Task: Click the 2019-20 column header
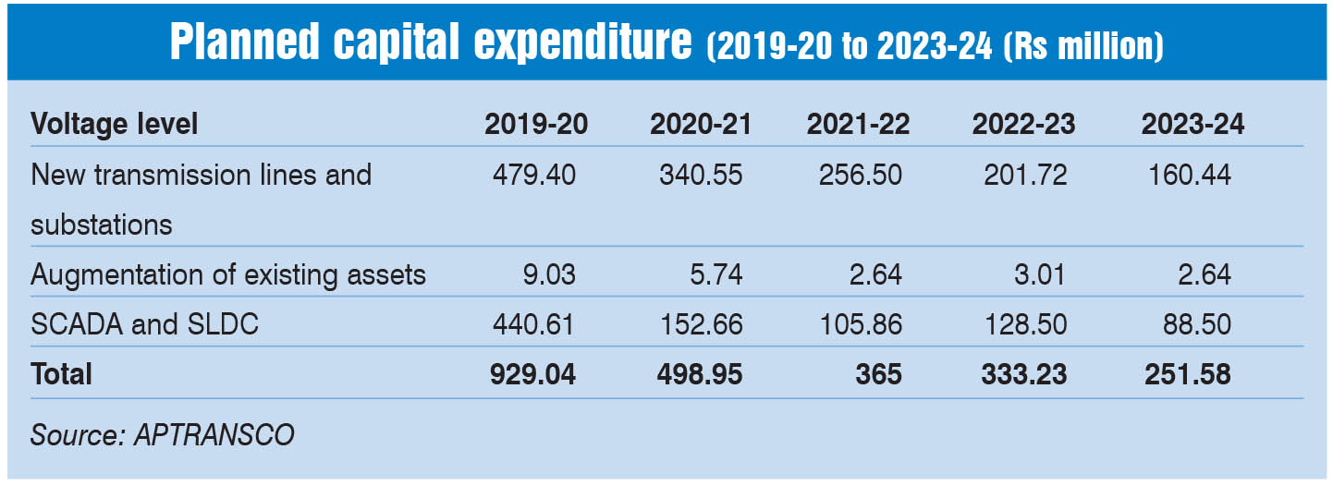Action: point(535,126)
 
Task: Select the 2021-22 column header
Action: point(858,126)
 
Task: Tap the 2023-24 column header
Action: point(1192,126)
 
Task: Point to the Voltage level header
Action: point(115,125)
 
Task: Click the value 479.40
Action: point(535,175)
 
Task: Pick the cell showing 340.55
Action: point(700,175)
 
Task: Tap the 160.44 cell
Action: point(1189,175)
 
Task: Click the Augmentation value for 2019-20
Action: point(551,274)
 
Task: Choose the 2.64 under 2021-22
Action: point(877,274)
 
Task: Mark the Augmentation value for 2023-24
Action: point(1205,274)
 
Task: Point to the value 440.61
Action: point(535,324)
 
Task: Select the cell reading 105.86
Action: point(860,324)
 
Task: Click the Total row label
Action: point(62,374)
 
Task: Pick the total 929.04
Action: point(534,374)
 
